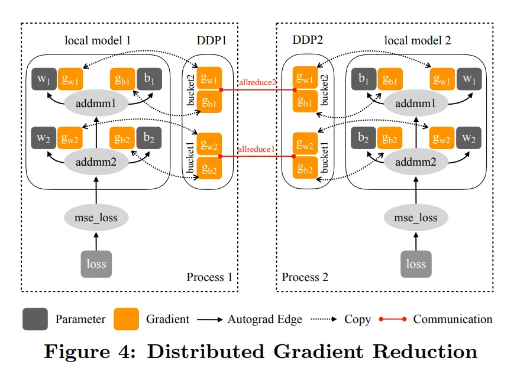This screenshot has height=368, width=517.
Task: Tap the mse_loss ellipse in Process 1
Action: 95,218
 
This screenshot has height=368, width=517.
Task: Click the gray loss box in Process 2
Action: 416,264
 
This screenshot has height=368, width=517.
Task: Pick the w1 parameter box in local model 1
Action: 43,80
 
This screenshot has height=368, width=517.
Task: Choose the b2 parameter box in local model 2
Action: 363,139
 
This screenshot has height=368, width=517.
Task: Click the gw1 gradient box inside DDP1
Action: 209,79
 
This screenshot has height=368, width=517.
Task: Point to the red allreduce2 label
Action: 257,82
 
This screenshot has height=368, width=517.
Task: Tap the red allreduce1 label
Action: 257,149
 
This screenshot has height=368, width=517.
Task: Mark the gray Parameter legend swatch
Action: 35,319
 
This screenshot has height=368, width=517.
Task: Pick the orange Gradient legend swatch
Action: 127,319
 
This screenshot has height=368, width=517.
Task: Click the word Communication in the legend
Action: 453,319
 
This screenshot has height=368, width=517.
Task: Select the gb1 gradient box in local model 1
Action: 122,80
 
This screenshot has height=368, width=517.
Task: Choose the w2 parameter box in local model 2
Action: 468,139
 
